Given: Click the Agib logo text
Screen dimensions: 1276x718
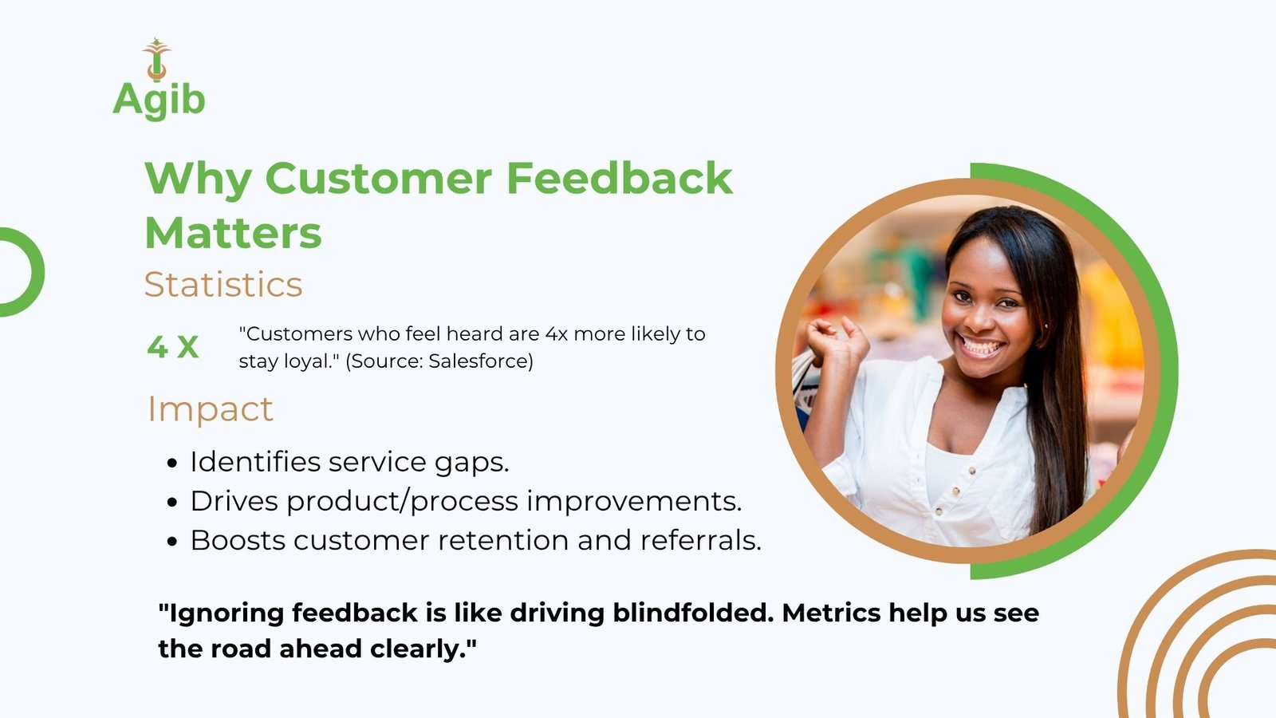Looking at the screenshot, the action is click(x=159, y=101).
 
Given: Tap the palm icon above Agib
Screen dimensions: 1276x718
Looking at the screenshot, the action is click(x=156, y=59).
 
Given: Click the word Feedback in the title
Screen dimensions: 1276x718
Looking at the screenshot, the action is click(x=619, y=179).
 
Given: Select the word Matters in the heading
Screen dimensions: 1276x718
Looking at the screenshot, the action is click(x=234, y=232).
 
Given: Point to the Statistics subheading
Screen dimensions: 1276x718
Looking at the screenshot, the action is click(x=223, y=284).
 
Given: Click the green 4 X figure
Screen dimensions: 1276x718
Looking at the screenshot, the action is click(x=172, y=347).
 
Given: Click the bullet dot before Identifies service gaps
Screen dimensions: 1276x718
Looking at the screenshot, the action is click(x=173, y=464).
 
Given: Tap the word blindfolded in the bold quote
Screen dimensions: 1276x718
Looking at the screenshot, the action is click(x=689, y=613).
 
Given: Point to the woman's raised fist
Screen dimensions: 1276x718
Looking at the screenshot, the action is click(x=837, y=340).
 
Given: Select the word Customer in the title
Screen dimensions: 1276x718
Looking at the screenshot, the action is click(x=378, y=179).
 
